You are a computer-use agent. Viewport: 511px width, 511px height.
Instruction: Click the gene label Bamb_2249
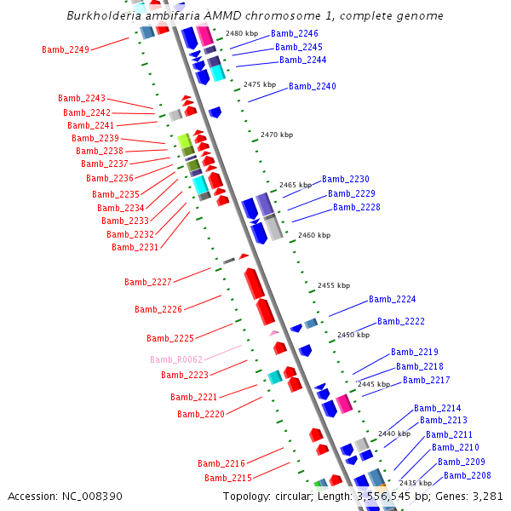66,49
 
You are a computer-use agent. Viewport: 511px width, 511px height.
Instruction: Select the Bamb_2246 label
295,33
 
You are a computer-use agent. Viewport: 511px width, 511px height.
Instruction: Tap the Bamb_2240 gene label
313,86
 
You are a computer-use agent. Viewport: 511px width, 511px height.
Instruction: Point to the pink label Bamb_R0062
176,359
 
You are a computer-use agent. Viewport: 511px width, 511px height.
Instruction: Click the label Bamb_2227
148,282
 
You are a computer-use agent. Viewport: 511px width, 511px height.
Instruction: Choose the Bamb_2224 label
393,299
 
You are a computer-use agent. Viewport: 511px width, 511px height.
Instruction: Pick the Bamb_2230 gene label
346,179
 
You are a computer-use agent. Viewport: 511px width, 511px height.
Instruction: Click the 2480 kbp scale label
242,33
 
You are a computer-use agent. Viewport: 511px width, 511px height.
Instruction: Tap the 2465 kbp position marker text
296,185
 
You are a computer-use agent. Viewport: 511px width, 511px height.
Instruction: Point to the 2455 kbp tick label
334,286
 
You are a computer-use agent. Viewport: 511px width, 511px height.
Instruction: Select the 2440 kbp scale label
394,433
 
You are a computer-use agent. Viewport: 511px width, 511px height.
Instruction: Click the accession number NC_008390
89,496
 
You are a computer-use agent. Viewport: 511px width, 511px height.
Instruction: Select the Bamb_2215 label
228,478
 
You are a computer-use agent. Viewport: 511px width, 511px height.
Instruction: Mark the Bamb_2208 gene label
468,475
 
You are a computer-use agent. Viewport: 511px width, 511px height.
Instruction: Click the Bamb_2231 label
135,247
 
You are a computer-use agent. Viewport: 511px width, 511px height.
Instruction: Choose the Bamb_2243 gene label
82,98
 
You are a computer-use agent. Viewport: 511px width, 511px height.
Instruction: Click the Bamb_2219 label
415,352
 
